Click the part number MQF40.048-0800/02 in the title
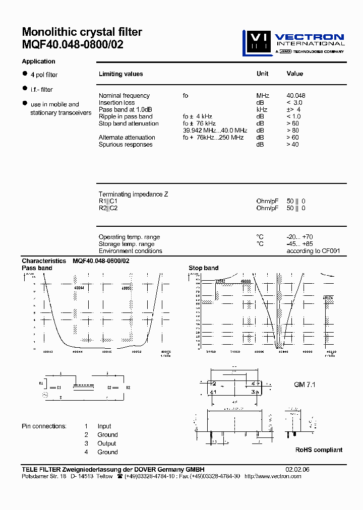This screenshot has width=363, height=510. click(x=73, y=44)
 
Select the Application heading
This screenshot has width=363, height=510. click(x=38, y=61)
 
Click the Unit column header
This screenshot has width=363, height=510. click(x=262, y=74)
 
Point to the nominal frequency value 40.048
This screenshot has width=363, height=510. click(x=296, y=96)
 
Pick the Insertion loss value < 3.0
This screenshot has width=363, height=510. click(x=294, y=103)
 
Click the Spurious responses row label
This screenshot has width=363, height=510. click(x=126, y=145)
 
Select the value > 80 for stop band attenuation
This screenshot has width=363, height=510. click(x=292, y=131)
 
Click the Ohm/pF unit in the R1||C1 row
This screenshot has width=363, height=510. click(x=267, y=201)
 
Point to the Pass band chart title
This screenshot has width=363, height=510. click(x=37, y=268)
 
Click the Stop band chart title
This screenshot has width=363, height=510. click(x=204, y=268)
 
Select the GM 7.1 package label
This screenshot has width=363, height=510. click(x=306, y=385)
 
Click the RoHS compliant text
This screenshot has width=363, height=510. click(x=319, y=450)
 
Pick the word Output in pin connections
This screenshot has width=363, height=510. click(x=107, y=443)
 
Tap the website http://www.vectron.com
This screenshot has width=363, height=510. click(x=276, y=476)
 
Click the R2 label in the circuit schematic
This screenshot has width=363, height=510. click(x=128, y=388)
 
